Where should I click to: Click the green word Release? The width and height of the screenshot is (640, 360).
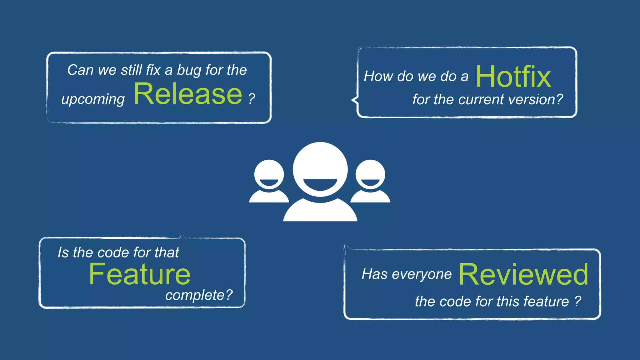click(x=188, y=94)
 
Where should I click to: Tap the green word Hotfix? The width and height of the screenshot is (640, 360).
click(x=513, y=77)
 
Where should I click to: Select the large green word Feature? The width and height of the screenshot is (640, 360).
click(x=140, y=274)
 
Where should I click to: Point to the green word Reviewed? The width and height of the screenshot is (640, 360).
click(x=523, y=274)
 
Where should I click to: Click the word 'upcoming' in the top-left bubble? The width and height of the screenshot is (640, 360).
click(x=93, y=100)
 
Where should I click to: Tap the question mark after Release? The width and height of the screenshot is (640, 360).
click(x=252, y=99)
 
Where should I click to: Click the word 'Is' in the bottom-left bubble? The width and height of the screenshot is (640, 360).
click(x=63, y=252)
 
